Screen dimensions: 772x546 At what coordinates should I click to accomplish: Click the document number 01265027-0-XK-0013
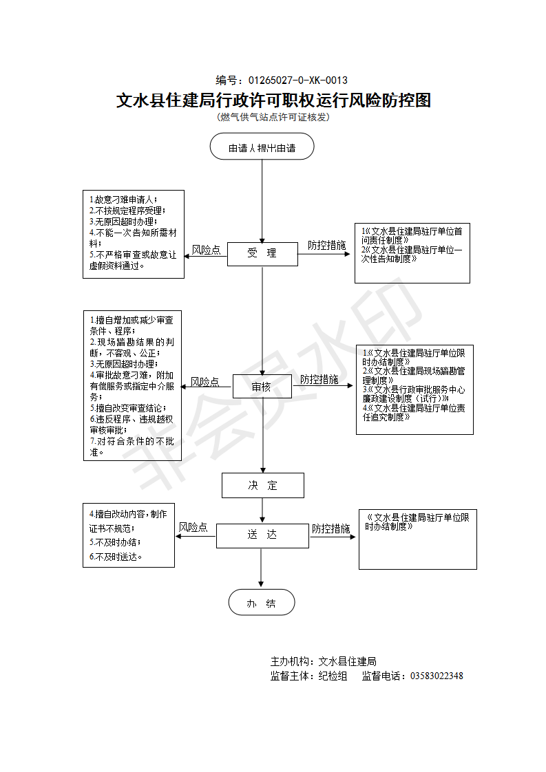click(297, 80)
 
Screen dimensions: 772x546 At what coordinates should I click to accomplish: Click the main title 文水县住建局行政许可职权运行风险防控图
click(273, 100)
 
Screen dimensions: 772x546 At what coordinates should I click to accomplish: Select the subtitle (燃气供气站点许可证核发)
click(273, 117)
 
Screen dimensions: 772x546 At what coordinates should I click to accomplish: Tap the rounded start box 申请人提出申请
click(262, 147)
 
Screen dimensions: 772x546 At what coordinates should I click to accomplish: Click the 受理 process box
click(262, 253)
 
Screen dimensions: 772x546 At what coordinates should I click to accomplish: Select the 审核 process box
click(262, 387)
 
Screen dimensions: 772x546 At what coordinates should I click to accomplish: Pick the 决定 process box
click(262, 485)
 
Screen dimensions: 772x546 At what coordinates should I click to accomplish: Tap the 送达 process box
click(262, 535)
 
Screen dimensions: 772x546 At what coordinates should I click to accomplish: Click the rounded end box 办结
click(262, 603)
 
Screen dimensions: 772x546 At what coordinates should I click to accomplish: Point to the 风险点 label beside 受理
click(206, 250)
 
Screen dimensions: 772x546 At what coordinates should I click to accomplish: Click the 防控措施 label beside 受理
click(326, 245)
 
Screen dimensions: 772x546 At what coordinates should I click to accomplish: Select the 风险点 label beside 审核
click(204, 381)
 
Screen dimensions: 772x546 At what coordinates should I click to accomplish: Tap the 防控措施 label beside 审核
click(319, 379)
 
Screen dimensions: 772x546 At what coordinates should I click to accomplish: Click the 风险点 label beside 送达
click(193, 527)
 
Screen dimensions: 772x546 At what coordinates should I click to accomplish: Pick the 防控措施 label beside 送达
click(330, 528)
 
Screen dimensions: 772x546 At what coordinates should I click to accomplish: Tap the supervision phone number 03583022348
click(437, 676)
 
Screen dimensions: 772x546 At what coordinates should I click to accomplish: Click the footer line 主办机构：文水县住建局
click(323, 661)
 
